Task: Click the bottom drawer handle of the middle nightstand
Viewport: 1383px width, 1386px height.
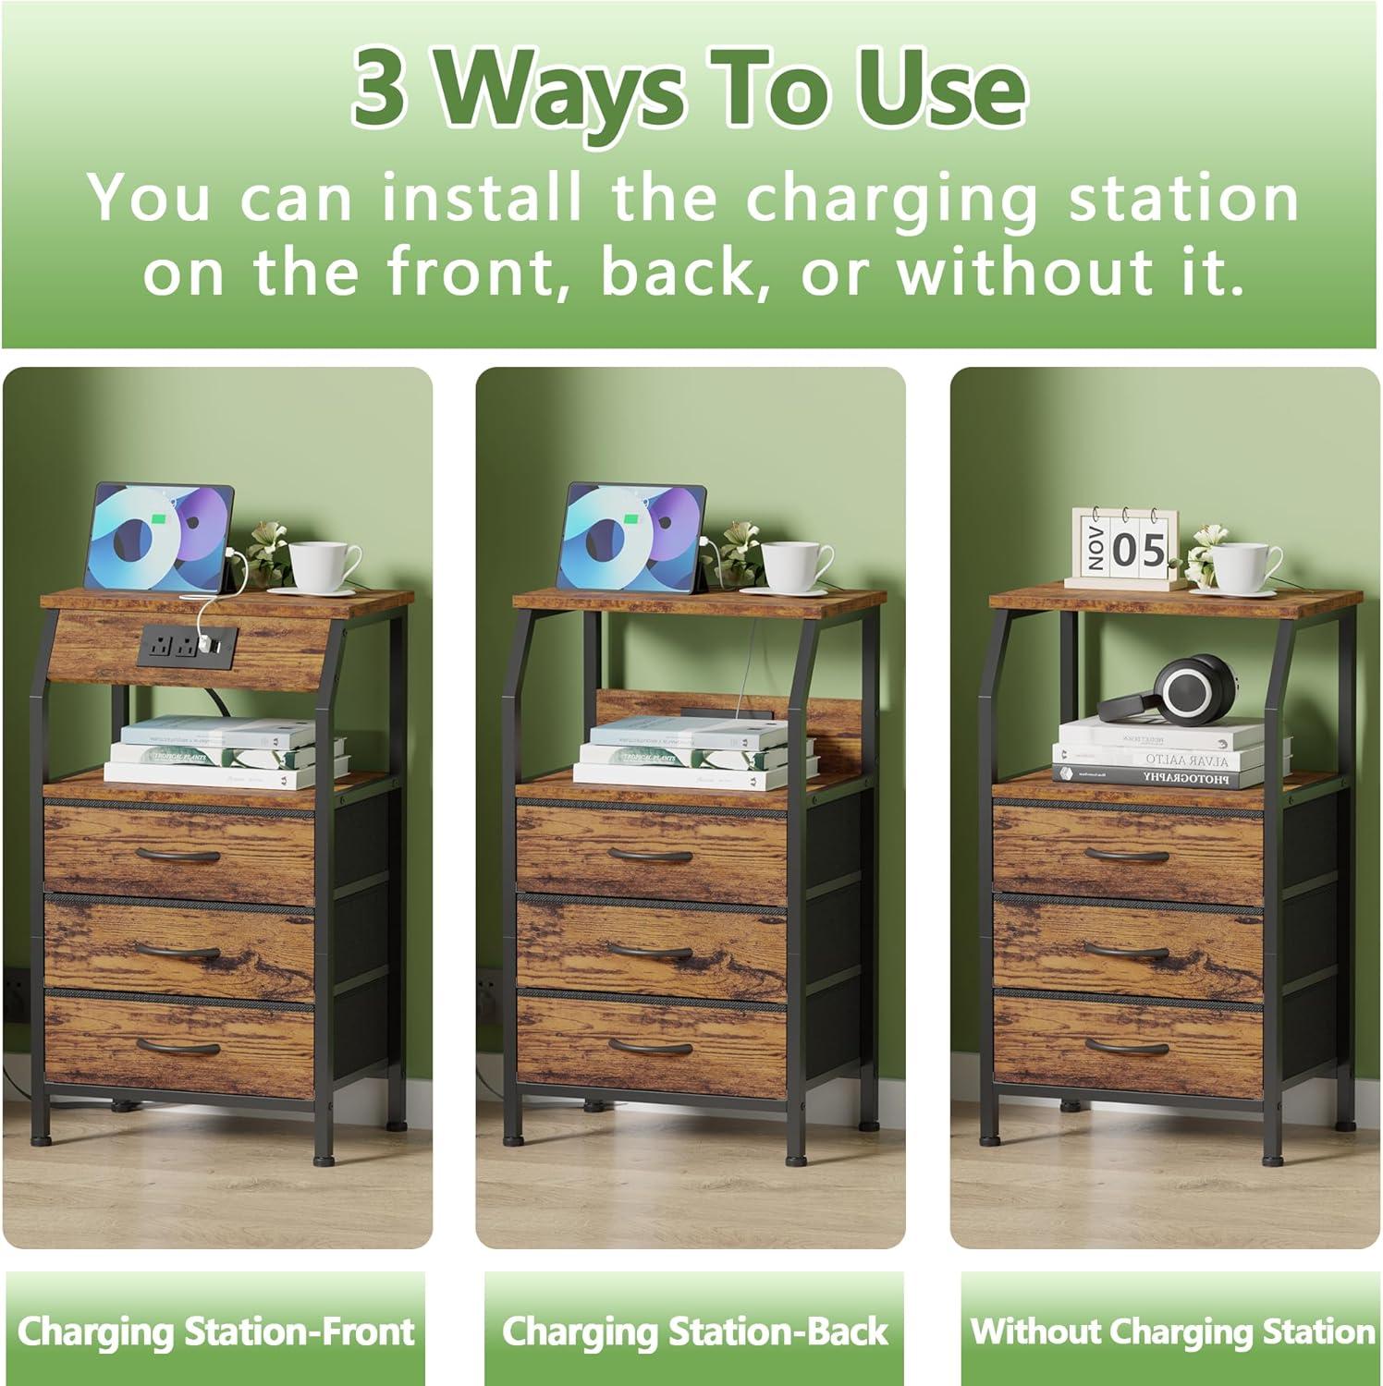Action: (651, 1047)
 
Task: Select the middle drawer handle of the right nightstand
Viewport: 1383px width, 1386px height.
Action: (1126, 952)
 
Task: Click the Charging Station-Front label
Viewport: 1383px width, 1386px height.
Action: (215, 1331)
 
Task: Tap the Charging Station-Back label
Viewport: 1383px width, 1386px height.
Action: (694, 1331)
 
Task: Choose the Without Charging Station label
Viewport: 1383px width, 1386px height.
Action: (1172, 1331)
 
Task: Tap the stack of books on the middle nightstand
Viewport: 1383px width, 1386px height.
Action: (693, 753)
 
